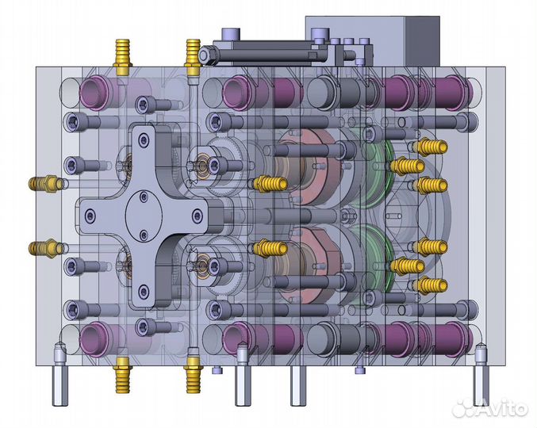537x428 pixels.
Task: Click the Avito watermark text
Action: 503,408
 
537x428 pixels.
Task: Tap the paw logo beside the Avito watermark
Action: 465,407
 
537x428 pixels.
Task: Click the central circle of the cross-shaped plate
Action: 144,216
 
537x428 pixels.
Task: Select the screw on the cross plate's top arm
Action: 143,139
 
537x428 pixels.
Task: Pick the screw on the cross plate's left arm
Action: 90,216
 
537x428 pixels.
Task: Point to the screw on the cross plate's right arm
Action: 198,216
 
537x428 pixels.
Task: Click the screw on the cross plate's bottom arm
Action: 144,292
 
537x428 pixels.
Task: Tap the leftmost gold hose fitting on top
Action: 123,57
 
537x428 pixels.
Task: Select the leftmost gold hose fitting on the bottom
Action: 123,375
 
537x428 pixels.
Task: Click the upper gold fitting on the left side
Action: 46,184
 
